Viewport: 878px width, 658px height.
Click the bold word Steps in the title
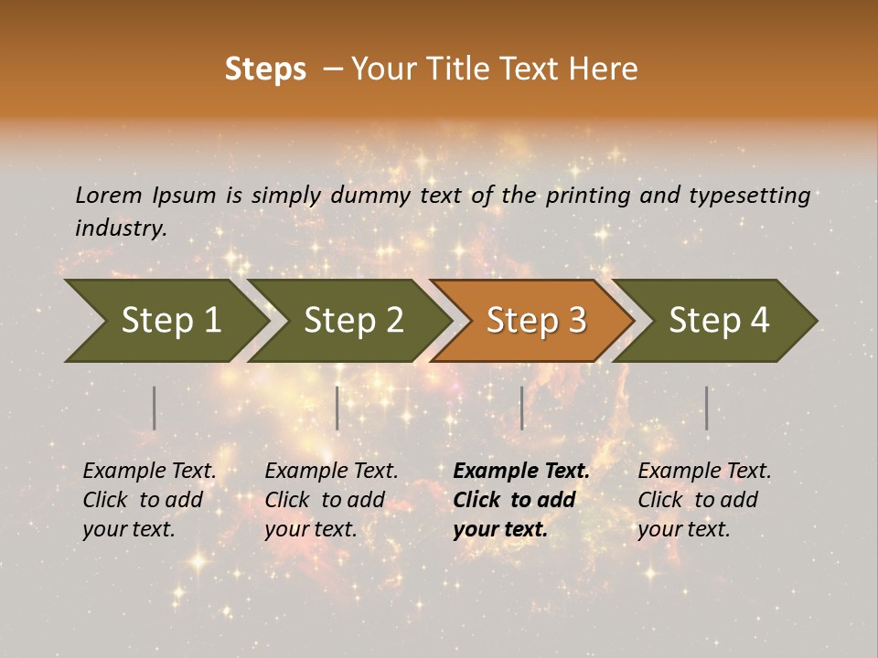pyautogui.click(x=265, y=69)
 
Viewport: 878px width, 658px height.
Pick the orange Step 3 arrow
pyautogui.click(x=530, y=321)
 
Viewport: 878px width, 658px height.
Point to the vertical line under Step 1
pyautogui.click(x=155, y=408)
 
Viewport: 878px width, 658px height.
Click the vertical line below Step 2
pyautogui.click(x=337, y=408)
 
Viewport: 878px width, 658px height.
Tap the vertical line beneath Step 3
pyautogui.click(x=522, y=408)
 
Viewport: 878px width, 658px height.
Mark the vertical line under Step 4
pyautogui.click(x=706, y=408)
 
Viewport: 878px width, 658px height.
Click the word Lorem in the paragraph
pyautogui.click(x=109, y=196)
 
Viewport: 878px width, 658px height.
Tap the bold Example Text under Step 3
pyautogui.click(x=521, y=471)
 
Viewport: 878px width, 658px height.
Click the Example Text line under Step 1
pyautogui.click(x=149, y=471)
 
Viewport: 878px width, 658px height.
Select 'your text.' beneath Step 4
pyautogui.click(x=683, y=529)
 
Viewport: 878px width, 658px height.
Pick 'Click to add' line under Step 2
pyautogui.click(x=325, y=500)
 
